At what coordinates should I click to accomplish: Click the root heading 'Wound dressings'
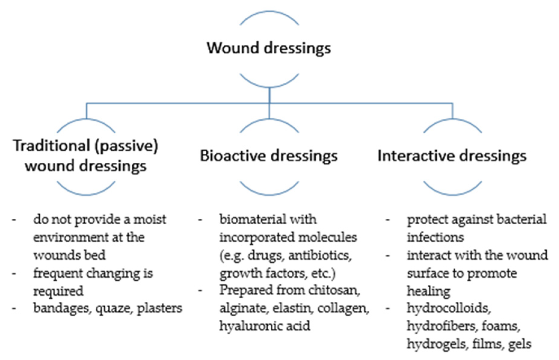pyautogui.click(x=269, y=48)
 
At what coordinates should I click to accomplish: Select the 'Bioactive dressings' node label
pyautogui.click(x=269, y=156)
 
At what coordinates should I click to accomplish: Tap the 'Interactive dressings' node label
pyautogui.click(x=452, y=156)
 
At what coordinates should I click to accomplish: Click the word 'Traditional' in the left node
pyautogui.click(x=51, y=146)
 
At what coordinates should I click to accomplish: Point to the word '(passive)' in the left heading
pyautogui.click(x=126, y=146)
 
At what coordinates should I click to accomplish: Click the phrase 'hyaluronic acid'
pyautogui.click(x=265, y=326)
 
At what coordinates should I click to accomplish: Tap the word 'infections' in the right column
pyautogui.click(x=435, y=238)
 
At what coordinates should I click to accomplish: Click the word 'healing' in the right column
pyautogui.click(x=428, y=291)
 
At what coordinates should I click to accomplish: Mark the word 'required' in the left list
pyautogui.click(x=58, y=291)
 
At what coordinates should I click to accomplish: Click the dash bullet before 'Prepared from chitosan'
pyautogui.click(x=200, y=291)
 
